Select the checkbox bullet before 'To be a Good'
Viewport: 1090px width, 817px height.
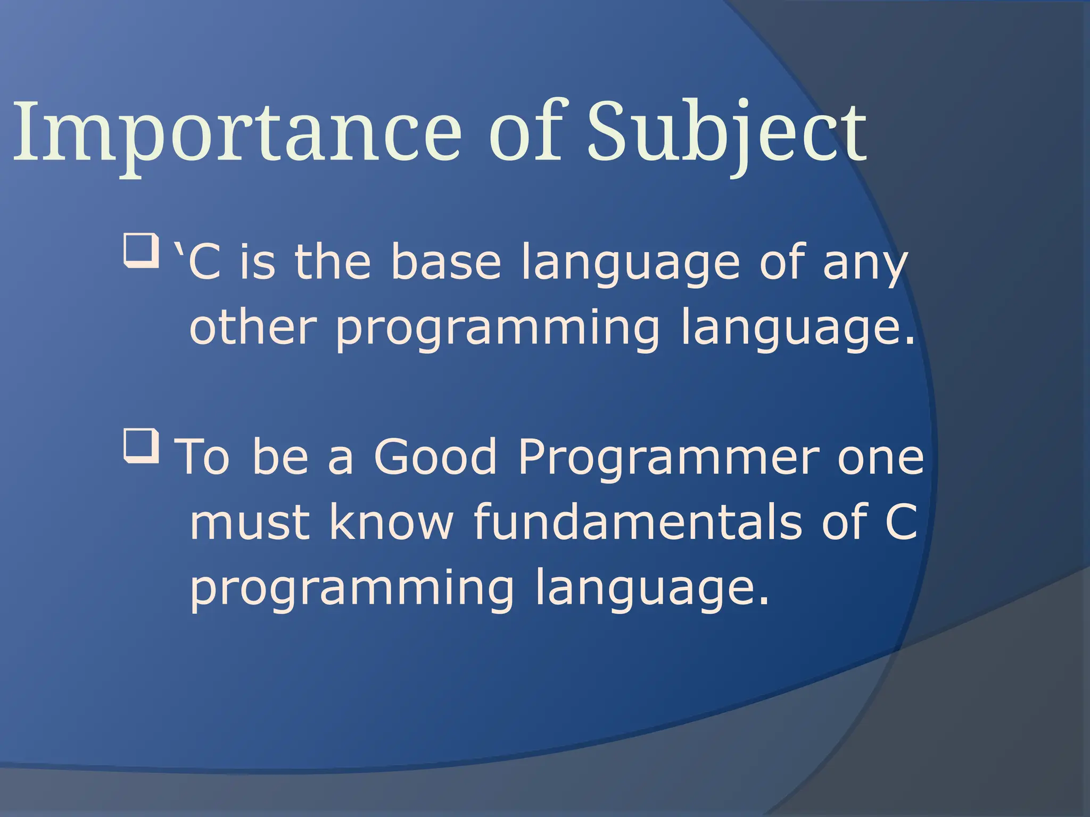(x=141, y=445)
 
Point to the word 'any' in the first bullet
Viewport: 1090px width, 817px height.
(x=864, y=266)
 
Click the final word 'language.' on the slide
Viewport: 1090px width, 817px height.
(x=651, y=590)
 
